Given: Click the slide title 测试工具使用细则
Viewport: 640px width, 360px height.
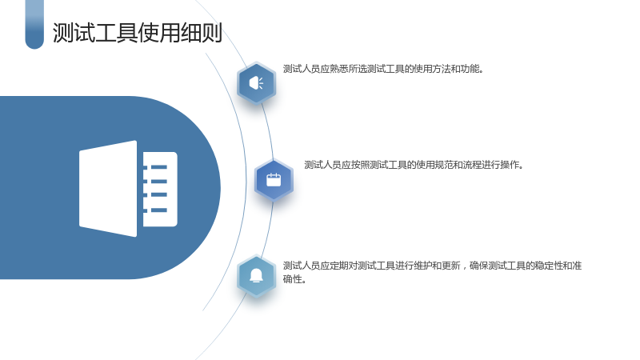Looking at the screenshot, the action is [137, 33].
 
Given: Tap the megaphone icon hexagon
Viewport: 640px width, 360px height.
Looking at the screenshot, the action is [256, 83].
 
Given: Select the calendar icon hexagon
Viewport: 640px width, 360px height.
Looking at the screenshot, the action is [274, 180].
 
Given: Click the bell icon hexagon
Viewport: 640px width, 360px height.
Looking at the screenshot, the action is [256, 276].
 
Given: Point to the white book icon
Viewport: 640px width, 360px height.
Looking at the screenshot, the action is [128, 189].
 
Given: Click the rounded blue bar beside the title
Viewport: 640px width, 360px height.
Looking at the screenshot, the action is [34, 25].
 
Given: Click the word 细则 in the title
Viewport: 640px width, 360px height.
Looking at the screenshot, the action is [202, 33].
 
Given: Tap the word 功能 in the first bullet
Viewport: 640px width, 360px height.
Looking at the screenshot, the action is [470, 69].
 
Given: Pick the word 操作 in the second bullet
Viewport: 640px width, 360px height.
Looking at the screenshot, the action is [510, 165].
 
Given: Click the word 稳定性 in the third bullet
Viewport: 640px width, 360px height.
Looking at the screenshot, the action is [549, 266].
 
